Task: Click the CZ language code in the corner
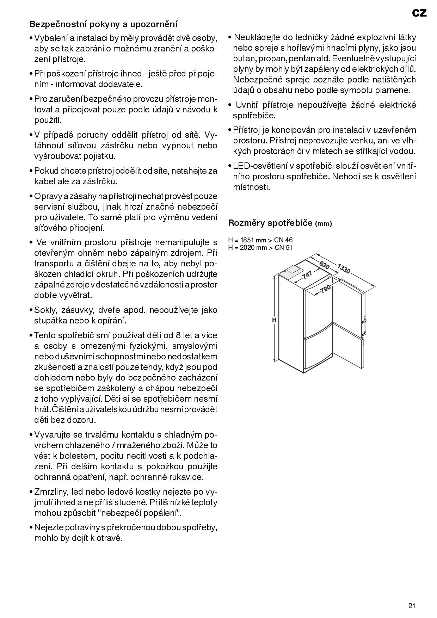[419, 13]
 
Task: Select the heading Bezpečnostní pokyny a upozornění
[104, 24]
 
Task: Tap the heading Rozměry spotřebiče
[270, 223]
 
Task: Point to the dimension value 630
[324, 265]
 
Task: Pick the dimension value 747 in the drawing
[307, 273]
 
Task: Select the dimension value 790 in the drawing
[325, 289]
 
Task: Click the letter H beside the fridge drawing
[274, 320]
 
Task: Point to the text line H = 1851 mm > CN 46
[260, 240]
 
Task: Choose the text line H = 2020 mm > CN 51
[260, 247]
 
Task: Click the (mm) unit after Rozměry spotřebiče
[323, 223]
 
